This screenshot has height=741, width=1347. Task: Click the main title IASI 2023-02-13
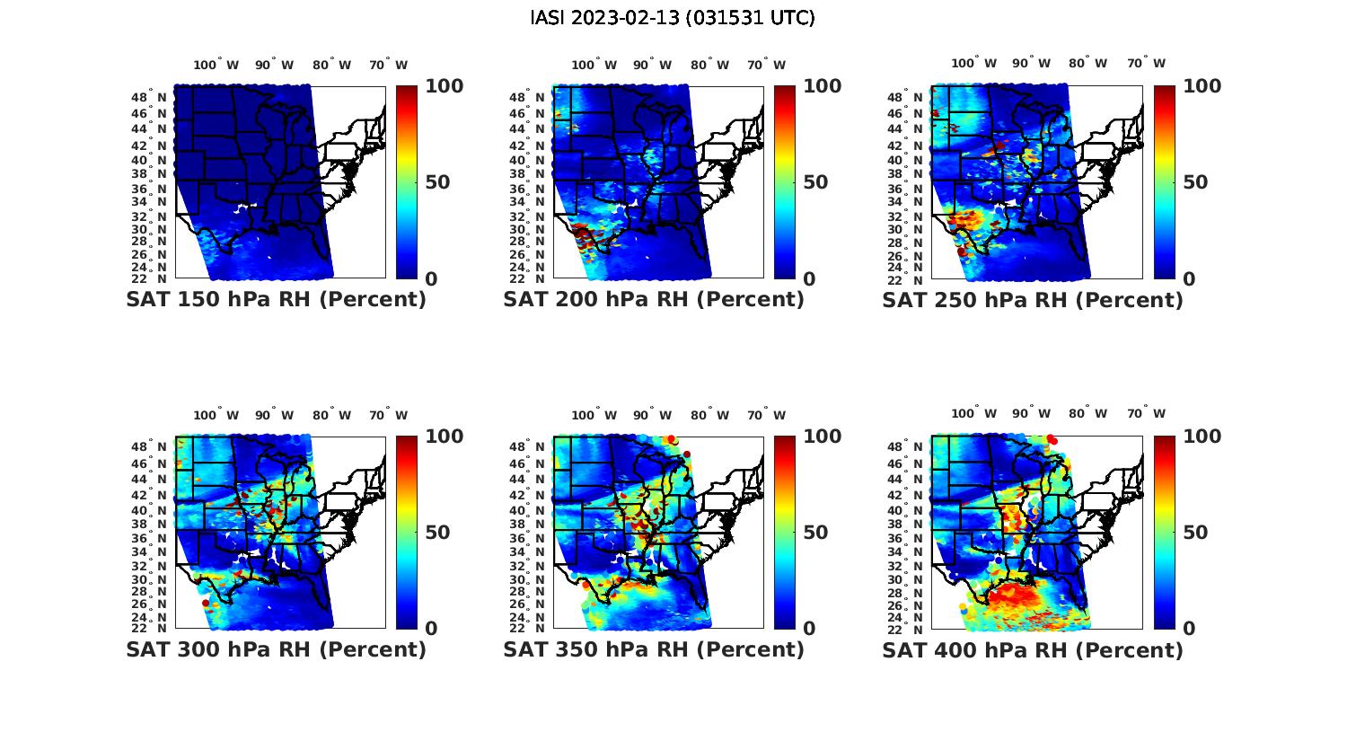(673, 18)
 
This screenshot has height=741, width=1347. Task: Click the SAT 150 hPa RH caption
(276, 300)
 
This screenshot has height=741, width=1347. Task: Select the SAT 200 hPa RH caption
(654, 300)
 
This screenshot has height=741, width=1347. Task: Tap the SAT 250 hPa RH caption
(1033, 300)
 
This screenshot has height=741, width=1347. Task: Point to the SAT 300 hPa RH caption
(276, 649)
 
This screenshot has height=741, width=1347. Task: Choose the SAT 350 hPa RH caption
(654, 649)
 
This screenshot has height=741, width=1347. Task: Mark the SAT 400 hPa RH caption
(1033, 649)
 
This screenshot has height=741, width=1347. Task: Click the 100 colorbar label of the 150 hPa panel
(444, 86)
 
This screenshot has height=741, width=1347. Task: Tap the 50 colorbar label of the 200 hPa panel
(814, 182)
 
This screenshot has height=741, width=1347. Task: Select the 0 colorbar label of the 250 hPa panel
(1189, 279)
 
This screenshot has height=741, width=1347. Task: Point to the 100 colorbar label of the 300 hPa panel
(444, 437)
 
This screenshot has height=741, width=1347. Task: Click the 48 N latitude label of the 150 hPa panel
(156, 97)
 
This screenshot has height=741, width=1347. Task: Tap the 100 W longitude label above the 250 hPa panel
(973, 64)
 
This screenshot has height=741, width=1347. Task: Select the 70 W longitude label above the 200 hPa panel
(767, 65)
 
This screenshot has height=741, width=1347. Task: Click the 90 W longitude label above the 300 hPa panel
(274, 415)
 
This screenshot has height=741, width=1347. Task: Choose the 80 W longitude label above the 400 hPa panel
(1087, 414)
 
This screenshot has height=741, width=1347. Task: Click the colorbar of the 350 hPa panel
(784, 533)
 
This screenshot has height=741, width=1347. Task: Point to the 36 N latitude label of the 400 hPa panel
(913, 538)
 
